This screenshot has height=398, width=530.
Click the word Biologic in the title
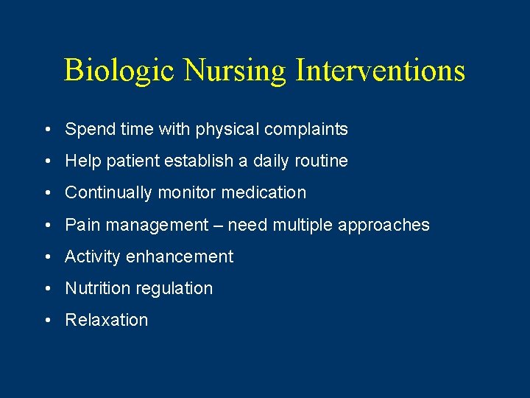pyautogui.click(x=119, y=71)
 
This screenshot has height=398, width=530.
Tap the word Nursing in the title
pyautogui.click(x=235, y=71)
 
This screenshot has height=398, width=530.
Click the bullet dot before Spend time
pyautogui.click(x=46, y=130)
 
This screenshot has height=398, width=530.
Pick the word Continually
pyautogui.click(x=107, y=193)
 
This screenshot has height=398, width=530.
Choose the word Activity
pyautogui.click(x=92, y=256)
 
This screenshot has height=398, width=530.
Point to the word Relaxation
pyautogui.click(x=107, y=320)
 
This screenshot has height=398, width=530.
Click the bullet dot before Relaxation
pyautogui.click(x=46, y=321)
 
